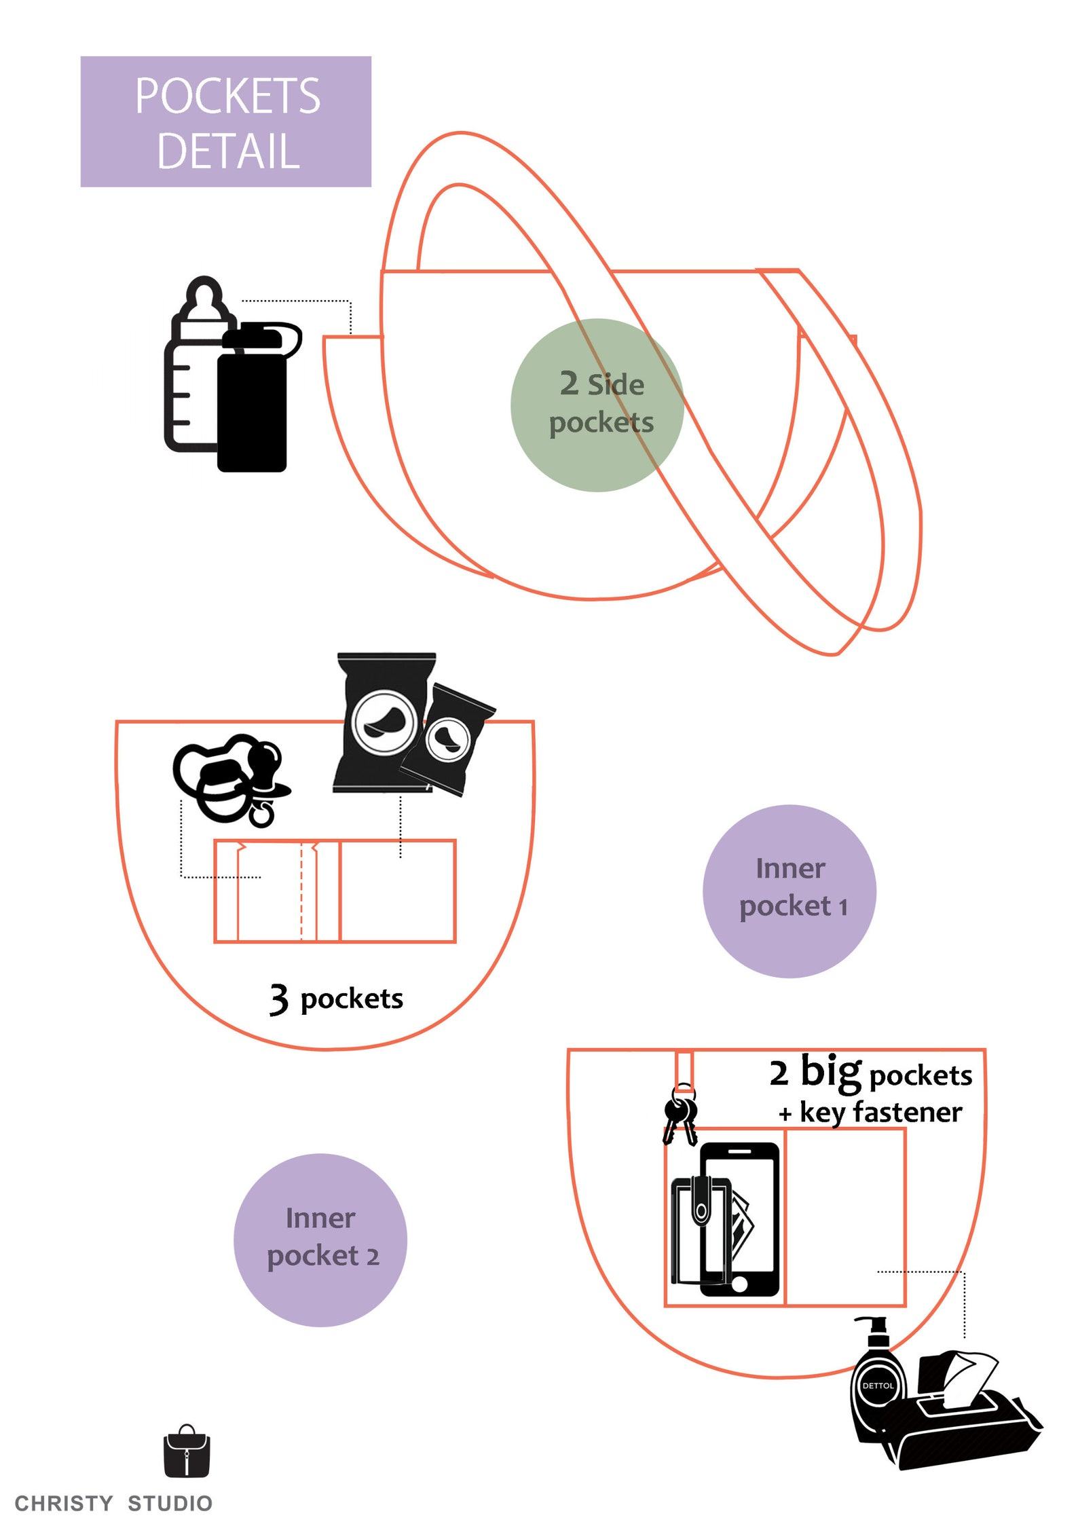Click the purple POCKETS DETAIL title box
point(225,122)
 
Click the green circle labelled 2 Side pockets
point(597,405)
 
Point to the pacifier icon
point(227,777)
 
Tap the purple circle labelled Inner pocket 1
point(789,891)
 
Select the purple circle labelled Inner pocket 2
point(320,1240)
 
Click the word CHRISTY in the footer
point(64,1504)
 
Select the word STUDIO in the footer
point(170,1504)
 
